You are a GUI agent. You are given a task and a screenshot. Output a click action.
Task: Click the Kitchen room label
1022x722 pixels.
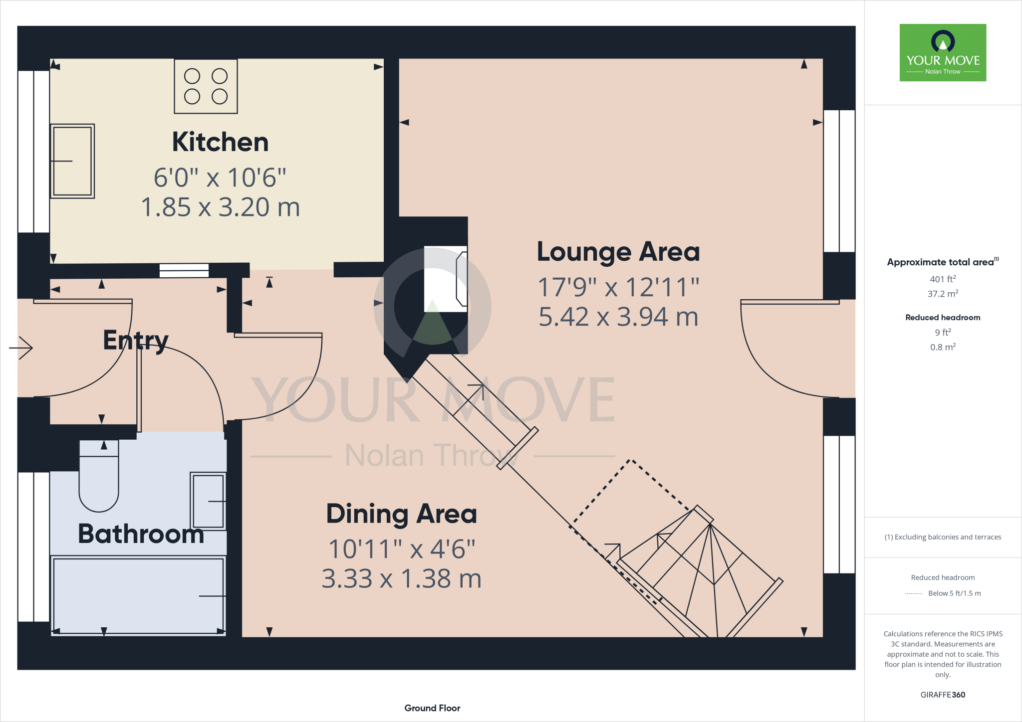pyautogui.click(x=220, y=142)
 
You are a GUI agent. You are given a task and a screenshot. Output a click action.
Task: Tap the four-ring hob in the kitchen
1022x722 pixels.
pyautogui.click(x=206, y=86)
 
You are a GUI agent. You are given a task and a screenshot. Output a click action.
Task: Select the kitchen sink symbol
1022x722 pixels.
pyautogui.click(x=72, y=161)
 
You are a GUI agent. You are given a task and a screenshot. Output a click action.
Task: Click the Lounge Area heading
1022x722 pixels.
pyautogui.click(x=618, y=252)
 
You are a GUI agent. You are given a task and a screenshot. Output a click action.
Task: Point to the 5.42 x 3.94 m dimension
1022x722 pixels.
pyautogui.click(x=618, y=317)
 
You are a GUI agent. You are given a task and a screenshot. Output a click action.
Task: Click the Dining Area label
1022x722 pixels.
pyautogui.click(x=401, y=514)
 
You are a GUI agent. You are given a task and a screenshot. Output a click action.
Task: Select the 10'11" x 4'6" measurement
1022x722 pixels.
pyautogui.click(x=401, y=549)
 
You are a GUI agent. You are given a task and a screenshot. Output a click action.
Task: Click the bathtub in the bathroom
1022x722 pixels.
pyautogui.click(x=138, y=596)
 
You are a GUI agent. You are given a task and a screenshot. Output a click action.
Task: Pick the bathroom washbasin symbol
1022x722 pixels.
pyautogui.click(x=208, y=501)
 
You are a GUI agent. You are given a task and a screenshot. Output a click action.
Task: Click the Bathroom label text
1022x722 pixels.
pyautogui.click(x=141, y=534)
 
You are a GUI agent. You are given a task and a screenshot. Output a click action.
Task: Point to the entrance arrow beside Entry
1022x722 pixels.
pyautogui.click(x=21, y=348)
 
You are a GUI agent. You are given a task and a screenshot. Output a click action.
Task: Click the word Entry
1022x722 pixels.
pyautogui.click(x=135, y=341)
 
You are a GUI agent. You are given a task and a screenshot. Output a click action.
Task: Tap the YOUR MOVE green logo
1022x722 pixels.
pyautogui.click(x=943, y=52)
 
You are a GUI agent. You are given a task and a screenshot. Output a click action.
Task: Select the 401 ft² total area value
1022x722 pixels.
pyautogui.click(x=943, y=279)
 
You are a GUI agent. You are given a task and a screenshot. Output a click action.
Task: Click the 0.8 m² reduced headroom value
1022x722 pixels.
pyautogui.click(x=943, y=347)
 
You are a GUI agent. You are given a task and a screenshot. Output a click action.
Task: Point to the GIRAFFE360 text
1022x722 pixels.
pyautogui.click(x=943, y=695)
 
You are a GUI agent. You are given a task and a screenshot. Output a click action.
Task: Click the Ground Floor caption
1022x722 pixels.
pyautogui.click(x=432, y=708)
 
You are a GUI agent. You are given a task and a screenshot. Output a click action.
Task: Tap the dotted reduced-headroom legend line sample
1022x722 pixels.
pyautogui.click(x=913, y=594)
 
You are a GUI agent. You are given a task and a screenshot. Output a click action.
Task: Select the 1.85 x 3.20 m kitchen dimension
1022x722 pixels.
pyautogui.click(x=220, y=207)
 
